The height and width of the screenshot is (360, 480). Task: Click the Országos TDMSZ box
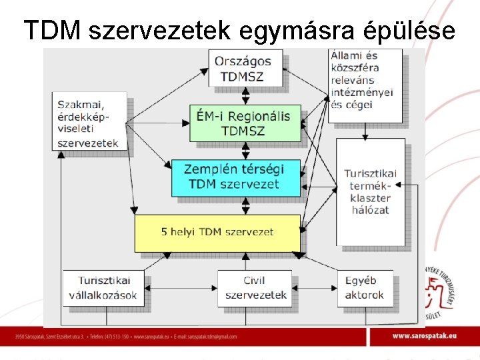pos(245,68)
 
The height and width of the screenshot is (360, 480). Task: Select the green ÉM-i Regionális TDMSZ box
pos(245,123)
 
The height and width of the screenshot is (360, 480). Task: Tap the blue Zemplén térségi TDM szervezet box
pos(236,177)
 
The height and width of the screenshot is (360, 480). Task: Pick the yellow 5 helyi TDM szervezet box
pos(217,232)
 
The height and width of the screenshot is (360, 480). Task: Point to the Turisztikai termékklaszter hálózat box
pos(370,191)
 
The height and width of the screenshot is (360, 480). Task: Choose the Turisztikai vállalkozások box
pos(103,287)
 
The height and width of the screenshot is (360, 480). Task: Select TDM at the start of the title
pos(52,31)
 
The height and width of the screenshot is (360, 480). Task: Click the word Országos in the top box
pos(244,61)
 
